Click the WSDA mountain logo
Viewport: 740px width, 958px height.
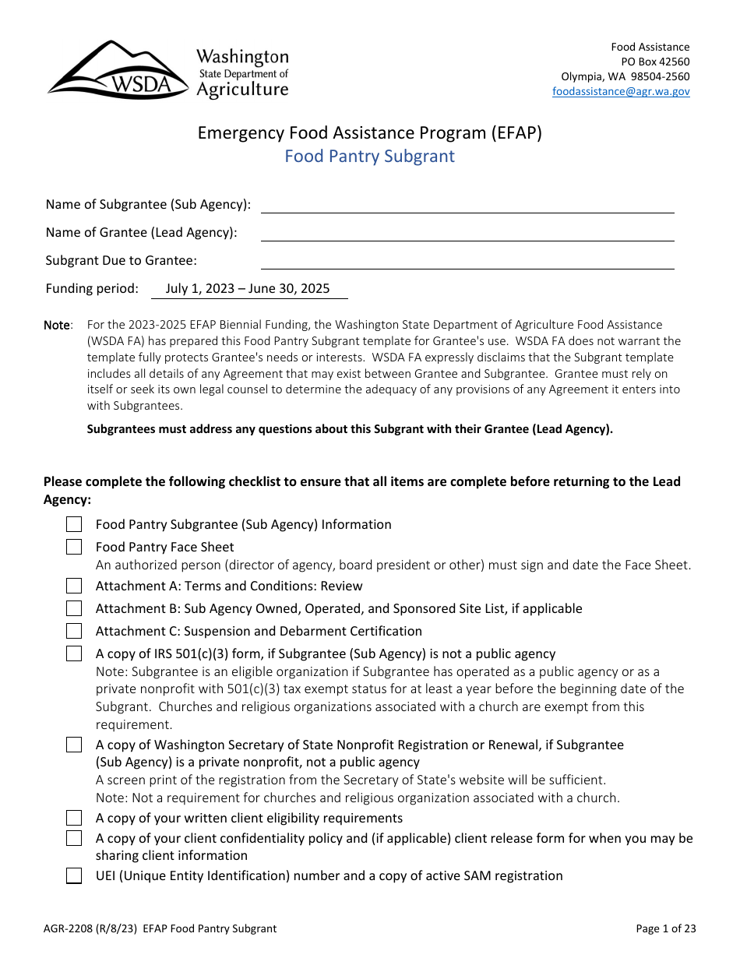tap(117, 70)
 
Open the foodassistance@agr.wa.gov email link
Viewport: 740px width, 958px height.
tap(621, 91)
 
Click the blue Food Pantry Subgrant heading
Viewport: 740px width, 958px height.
tap(369, 157)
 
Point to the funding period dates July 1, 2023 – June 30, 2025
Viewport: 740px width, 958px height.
tap(248, 289)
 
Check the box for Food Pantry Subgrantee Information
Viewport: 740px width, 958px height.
tap(74, 524)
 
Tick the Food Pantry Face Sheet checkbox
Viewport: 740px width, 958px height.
tap(74, 547)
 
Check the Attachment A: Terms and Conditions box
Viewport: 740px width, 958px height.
tap(74, 586)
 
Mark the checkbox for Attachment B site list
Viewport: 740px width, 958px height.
tap(74, 608)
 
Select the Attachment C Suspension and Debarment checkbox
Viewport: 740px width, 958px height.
tap(74, 631)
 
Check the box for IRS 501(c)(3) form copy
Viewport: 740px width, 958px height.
tap(74, 653)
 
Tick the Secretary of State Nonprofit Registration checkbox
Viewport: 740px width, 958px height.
tap(74, 745)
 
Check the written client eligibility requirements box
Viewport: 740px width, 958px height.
tap(74, 818)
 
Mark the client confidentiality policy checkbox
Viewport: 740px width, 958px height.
tap(74, 838)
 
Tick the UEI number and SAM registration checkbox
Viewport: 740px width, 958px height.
tap(74, 876)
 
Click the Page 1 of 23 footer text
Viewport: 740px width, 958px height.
tap(665, 928)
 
